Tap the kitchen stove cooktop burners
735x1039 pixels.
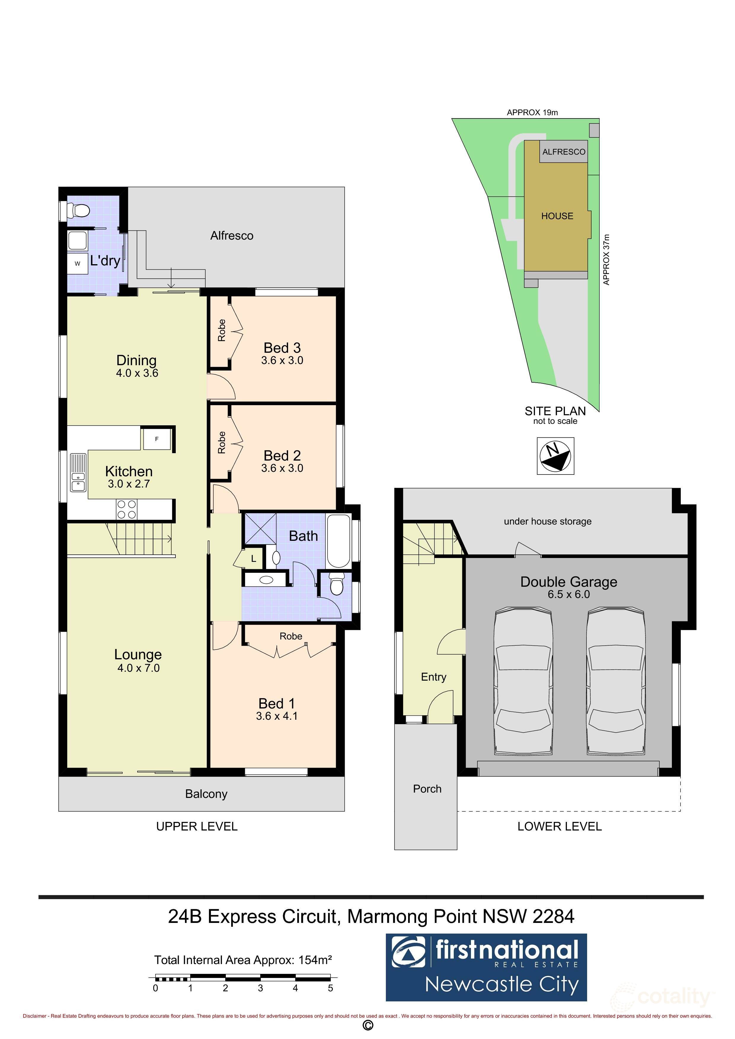coord(127,509)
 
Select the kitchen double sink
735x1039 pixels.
coord(78,472)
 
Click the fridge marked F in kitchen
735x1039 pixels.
coord(157,439)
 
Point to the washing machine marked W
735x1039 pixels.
coord(77,263)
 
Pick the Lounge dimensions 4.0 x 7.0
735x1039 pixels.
coord(138,668)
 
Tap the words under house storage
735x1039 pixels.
coord(547,521)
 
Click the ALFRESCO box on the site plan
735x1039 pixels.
coord(563,152)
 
